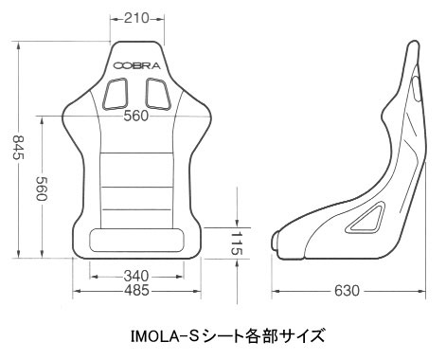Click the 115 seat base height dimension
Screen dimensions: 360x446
tap(237, 242)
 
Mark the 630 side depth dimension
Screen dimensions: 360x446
tap(347, 291)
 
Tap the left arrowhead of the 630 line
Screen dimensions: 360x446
tap(276, 291)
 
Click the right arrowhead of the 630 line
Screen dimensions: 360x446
tap(420, 291)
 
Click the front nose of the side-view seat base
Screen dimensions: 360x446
tap(277, 244)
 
